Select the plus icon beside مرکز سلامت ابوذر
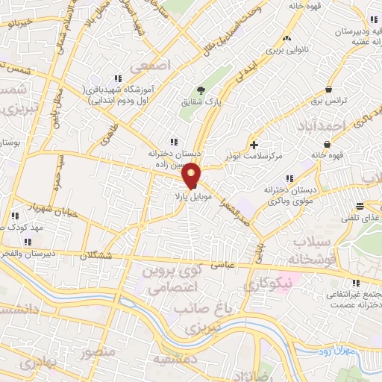point(255,144)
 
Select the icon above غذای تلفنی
point(360,206)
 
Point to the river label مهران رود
point(323,349)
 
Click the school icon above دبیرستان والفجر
point(28,242)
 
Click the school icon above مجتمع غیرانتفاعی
point(354,282)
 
